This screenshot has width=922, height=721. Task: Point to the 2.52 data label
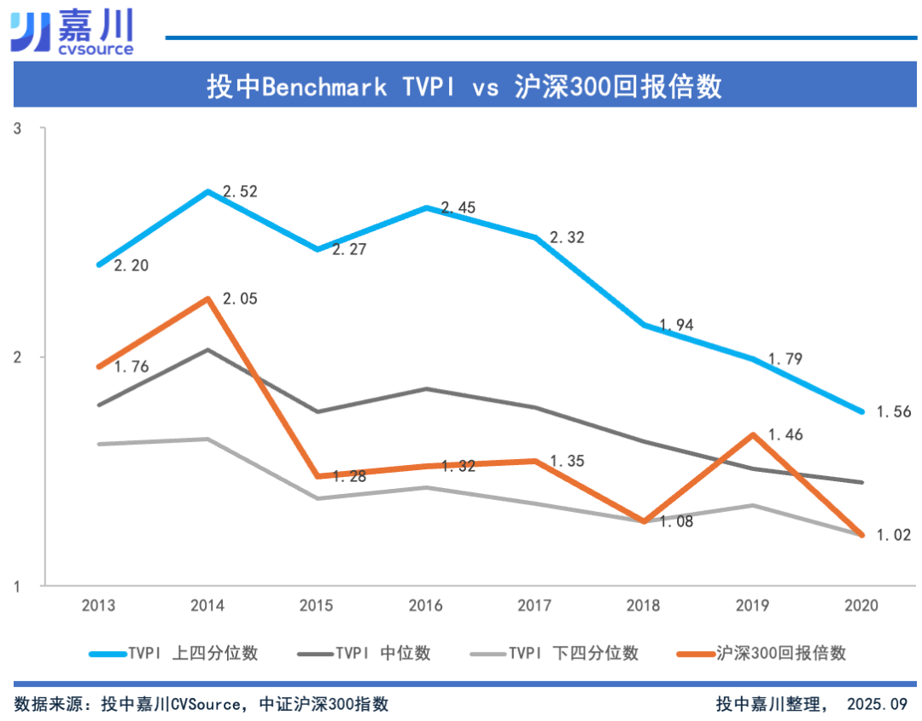click(240, 192)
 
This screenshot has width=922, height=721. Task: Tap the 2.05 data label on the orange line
click(240, 299)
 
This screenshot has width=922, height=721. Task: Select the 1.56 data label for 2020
click(894, 412)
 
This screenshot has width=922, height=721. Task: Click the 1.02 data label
click(894, 536)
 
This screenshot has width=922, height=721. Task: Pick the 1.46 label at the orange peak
click(785, 435)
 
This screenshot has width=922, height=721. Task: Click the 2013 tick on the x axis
click(99, 606)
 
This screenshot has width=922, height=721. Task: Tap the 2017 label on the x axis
click(534, 606)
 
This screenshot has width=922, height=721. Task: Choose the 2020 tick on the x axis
click(861, 606)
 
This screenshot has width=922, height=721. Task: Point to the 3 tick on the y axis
click(17, 129)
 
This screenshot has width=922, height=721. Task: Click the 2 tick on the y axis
click(17, 357)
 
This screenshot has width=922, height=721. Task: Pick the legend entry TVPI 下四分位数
click(555, 654)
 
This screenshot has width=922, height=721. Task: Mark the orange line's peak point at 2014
click(208, 299)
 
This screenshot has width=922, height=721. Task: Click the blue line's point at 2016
click(426, 207)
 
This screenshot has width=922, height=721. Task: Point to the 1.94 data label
click(677, 325)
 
